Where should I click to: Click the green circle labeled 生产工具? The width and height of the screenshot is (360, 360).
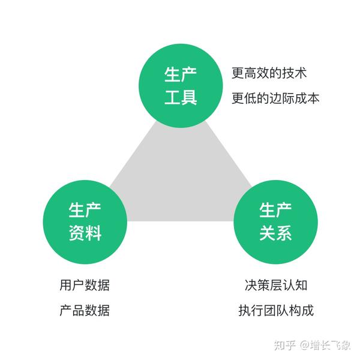(x=181, y=86)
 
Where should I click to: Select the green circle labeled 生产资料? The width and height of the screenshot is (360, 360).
(x=85, y=221)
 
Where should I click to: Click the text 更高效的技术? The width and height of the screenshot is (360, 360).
(x=269, y=74)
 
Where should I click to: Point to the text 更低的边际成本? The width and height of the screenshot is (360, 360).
(x=275, y=98)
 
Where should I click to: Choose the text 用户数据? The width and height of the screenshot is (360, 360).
(x=85, y=285)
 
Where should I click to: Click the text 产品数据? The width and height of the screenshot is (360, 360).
(x=85, y=311)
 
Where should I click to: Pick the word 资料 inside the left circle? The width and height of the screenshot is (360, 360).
(x=85, y=233)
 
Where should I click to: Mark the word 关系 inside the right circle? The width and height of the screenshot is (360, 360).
(x=276, y=233)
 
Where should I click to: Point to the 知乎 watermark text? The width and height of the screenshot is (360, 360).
(x=284, y=346)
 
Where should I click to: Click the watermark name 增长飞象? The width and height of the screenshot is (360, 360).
(x=331, y=346)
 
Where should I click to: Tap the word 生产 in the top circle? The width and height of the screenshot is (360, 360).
(x=181, y=74)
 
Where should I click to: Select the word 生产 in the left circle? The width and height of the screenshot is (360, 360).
(x=85, y=210)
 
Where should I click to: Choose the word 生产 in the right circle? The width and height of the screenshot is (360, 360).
(x=276, y=210)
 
